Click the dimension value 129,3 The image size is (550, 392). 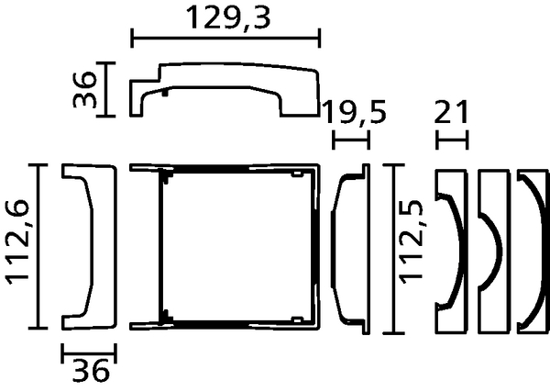click(x=228, y=17)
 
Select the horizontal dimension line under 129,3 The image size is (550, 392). click(x=225, y=38)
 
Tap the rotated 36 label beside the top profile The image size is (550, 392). click(x=84, y=89)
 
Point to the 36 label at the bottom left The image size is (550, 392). click(x=91, y=370)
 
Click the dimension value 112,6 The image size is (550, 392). click(x=16, y=242)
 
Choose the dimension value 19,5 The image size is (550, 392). click(x=354, y=112)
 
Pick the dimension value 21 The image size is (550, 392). click(x=451, y=112)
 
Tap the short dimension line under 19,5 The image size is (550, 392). click(x=351, y=140)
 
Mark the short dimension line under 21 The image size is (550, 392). click(x=452, y=140)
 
